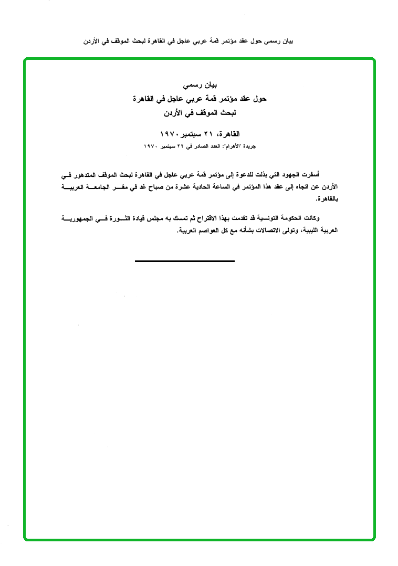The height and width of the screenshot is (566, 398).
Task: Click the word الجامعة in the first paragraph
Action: [103, 186]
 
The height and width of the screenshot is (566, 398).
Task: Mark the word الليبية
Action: [300, 230]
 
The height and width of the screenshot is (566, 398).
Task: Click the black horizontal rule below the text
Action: [184, 260]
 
